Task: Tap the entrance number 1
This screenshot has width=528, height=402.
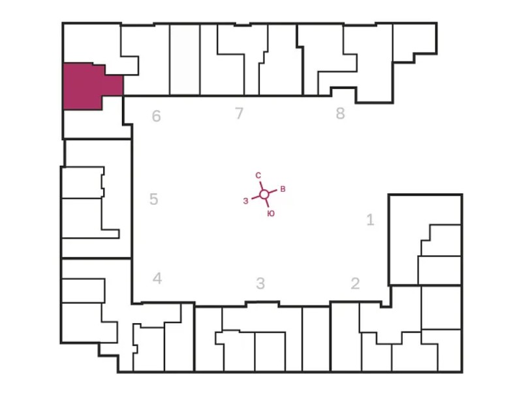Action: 371,220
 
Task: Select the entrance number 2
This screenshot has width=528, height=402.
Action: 355,284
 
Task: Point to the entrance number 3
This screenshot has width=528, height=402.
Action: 260,284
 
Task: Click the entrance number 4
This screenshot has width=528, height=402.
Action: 157,279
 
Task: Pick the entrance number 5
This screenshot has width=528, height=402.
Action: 153,199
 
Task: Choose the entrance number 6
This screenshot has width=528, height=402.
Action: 156,117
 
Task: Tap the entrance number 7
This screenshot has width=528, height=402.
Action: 239,114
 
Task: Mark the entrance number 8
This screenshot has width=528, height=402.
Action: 340,114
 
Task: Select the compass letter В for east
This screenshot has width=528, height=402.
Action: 283,189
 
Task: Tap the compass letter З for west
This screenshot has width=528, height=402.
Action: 245,201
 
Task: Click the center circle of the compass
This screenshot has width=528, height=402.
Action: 264,194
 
